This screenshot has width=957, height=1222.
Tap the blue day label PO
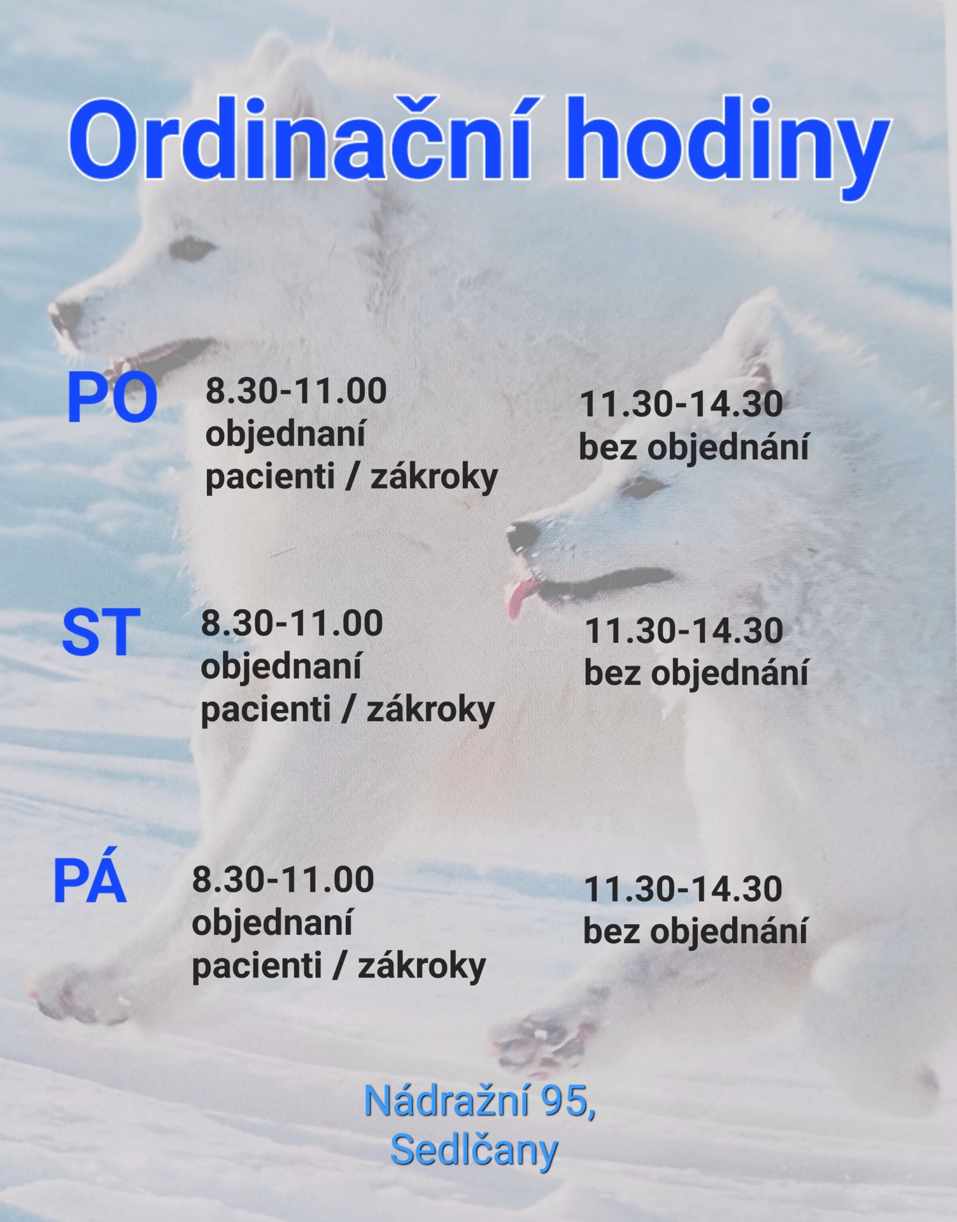[112, 399]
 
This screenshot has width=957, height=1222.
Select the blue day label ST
[101, 632]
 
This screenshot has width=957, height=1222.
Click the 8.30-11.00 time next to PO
[296, 391]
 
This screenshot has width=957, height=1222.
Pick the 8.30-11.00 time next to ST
[292, 623]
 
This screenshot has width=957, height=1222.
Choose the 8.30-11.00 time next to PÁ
[283, 880]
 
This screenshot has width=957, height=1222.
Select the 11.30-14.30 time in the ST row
[684, 631]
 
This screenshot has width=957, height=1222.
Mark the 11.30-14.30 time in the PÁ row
[683, 889]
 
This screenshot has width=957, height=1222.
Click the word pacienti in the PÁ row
[257, 966]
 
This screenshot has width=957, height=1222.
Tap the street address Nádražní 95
[480, 1101]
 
